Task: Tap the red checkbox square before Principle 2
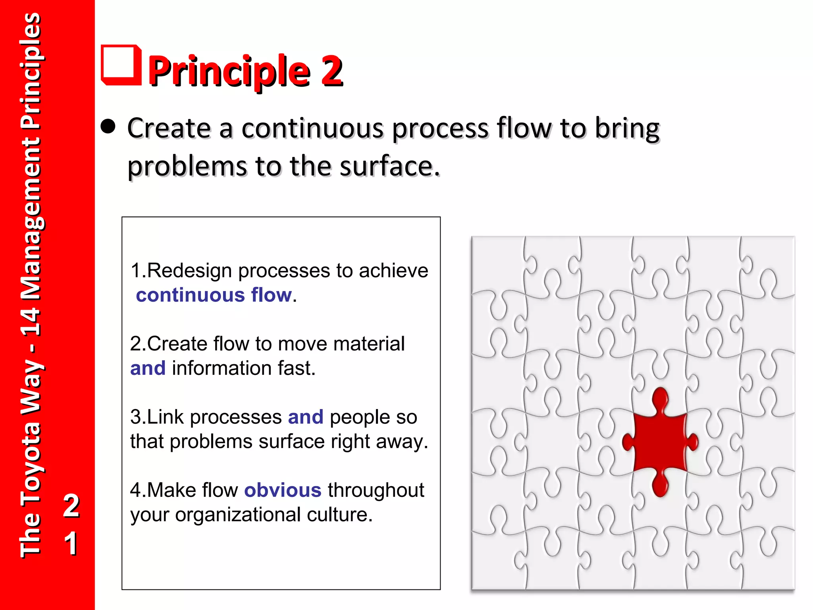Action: pos(121,65)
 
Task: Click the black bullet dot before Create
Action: pos(108,127)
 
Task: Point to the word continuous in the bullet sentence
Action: pos(312,129)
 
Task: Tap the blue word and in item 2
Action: pos(148,368)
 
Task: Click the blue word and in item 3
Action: pos(305,417)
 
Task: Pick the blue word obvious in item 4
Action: pos(282,490)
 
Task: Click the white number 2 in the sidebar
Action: pos(71,506)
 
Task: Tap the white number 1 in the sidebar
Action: pos(71,543)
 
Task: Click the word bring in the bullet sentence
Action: pos(627,129)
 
